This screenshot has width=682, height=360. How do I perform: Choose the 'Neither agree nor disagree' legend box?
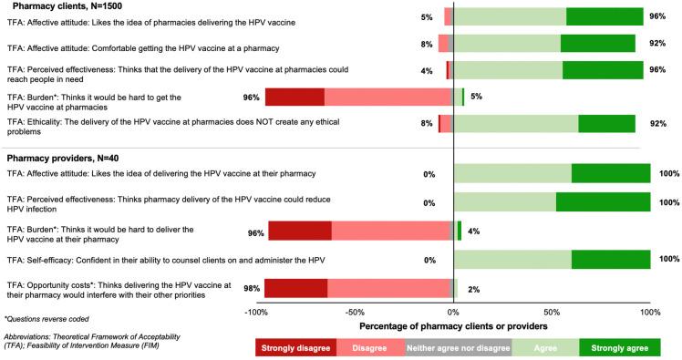[459, 347]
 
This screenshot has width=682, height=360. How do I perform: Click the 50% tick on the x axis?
[552, 312]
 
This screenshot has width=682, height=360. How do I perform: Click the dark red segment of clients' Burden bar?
[294, 98]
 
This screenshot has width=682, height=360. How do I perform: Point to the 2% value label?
[474, 289]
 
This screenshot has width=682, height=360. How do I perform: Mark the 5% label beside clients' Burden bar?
[475, 98]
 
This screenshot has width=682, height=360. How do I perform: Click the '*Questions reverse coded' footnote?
[44, 319]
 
